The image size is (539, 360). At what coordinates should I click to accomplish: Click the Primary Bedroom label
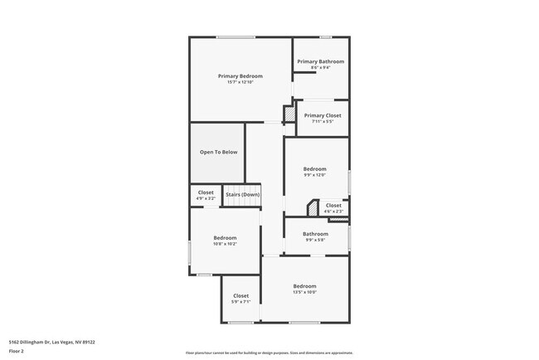pos(240,75)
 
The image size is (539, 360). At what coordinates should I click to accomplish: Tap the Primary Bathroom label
pos(320,61)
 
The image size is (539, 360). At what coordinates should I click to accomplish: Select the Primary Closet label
pos(323,115)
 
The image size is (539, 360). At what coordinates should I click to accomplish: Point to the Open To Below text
pos(218,152)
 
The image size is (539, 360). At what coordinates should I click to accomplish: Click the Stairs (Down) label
pos(242,194)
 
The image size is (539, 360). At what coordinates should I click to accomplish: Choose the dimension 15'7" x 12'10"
pos(240,82)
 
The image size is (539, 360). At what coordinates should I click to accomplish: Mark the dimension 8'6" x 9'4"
pos(320,68)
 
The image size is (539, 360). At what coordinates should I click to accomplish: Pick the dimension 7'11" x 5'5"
pos(323,122)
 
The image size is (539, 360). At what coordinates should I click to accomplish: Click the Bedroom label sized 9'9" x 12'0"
pos(314,168)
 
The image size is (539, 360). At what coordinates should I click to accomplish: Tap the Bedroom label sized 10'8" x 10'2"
pos(225,237)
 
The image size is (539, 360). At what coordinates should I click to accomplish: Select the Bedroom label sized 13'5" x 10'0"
pos(304,286)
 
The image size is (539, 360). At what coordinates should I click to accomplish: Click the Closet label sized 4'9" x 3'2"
pos(206,192)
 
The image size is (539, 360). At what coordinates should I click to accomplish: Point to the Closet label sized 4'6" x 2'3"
pos(333,205)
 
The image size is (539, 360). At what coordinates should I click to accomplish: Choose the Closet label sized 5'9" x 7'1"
pos(240,295)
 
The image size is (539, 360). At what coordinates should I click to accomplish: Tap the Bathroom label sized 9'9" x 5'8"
pos(315,233)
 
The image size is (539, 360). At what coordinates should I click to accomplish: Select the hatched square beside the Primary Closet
pos(289,114)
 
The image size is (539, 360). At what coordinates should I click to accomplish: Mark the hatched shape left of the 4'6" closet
pos(313,207)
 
